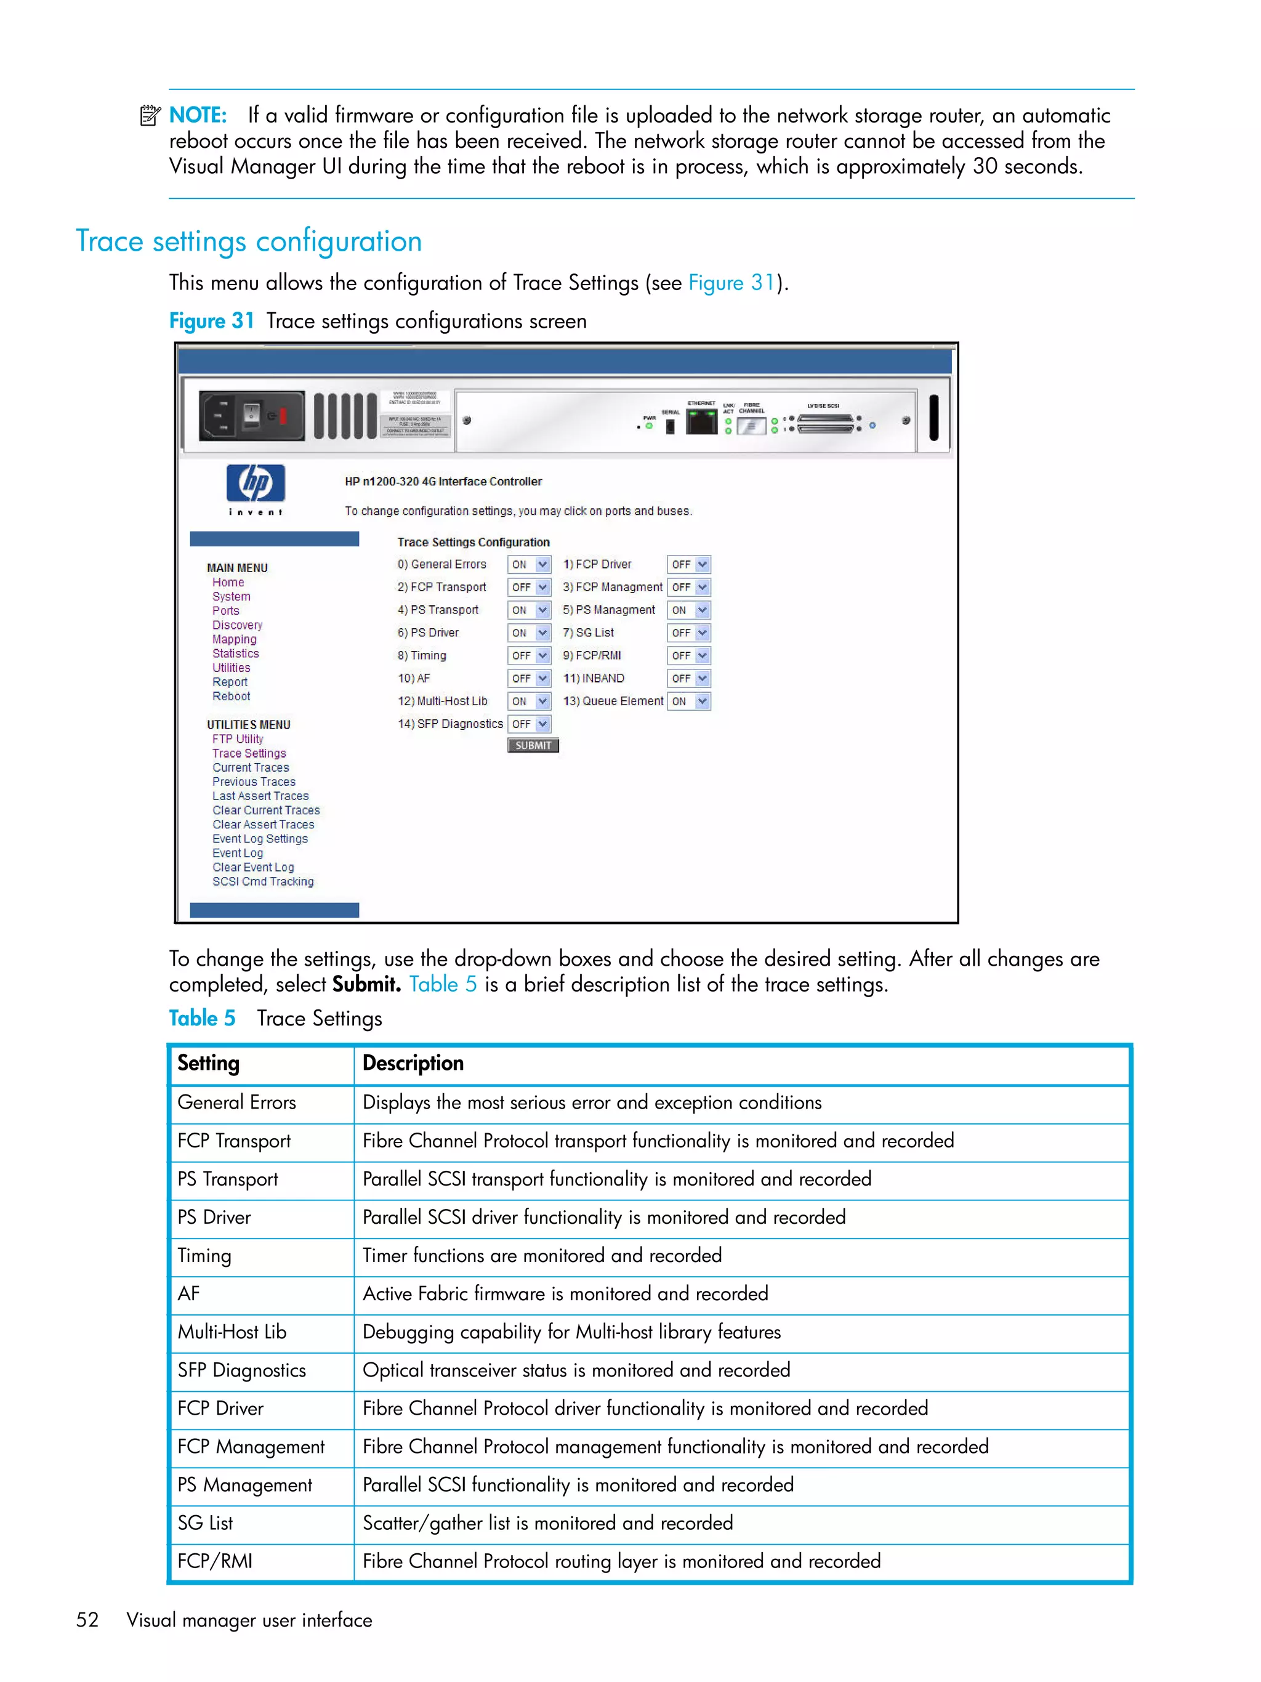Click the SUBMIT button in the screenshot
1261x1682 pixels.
coord(532,745)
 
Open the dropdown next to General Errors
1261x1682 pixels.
coord(528,564)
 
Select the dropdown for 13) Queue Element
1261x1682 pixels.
coord(688,701)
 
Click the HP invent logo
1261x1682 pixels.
coord(256,489)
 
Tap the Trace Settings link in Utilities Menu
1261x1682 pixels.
coord(249,753)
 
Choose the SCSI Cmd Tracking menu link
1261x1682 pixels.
coord(262,881)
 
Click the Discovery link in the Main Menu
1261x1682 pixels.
coord(237,625)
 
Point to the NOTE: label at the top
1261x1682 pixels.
coord(198,116)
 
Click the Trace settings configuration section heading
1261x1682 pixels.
coord(249,241)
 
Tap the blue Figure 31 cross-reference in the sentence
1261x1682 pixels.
coord(730,283)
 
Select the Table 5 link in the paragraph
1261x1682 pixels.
coord(442,984)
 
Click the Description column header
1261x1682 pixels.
coord(413,1063)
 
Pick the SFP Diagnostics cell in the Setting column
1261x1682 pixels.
coord(242,1370)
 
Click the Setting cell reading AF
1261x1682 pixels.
coord(188,1293)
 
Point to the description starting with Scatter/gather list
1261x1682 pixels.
coord(547,1523)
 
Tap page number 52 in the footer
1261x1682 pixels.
coord(87,1620)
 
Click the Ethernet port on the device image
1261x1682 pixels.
coord(701,421)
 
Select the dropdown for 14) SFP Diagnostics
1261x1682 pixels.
coord(528,724)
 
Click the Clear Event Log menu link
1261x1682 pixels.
coord(252,867)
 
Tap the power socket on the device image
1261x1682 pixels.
coord(219,416)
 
